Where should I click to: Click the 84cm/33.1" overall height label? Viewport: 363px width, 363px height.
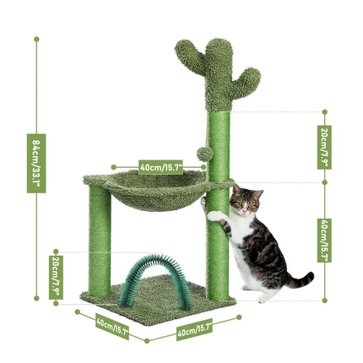(x=35, y=163)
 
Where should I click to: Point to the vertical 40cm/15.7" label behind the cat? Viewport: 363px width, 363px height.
(x=324, y=240)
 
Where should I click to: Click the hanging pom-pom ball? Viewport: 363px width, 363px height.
(x=203, y=154)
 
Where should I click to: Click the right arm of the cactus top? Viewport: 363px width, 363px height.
(x=249, y=80)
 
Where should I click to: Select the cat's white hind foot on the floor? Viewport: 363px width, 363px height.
(x=263, y=296)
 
